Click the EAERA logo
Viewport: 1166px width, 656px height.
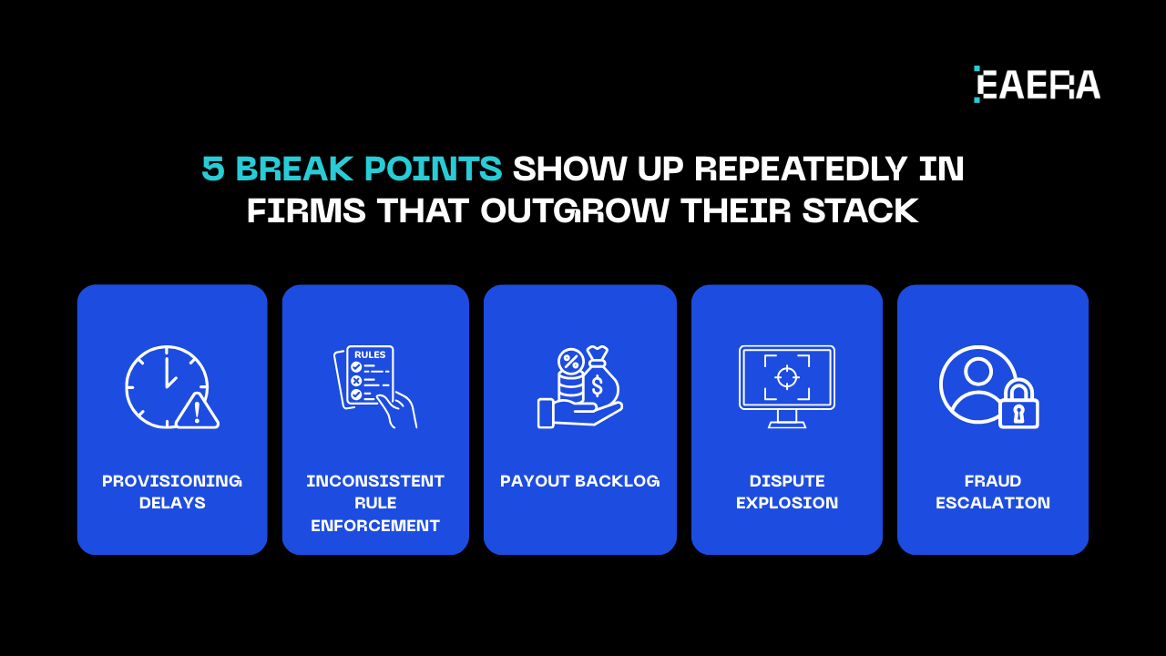[1037, 85]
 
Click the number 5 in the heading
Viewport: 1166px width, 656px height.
[213, 169]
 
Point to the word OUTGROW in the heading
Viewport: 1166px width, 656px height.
[574, 210]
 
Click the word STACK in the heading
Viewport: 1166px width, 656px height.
[861, 210]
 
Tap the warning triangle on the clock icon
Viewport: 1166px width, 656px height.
[197, 411]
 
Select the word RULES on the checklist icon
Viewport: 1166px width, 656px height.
[370, 354]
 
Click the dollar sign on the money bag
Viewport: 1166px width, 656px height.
[597, 385]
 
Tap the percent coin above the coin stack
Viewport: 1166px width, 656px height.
[571, 361]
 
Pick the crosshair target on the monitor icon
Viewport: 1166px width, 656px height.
[787, 376]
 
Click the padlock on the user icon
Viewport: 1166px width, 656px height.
[1018, 404]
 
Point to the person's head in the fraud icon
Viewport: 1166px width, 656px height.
[978, 372]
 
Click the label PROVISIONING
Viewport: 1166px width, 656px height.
[172, 481]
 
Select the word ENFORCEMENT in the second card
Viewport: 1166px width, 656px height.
[375, 526]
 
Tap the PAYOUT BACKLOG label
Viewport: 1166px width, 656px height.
[580, 481]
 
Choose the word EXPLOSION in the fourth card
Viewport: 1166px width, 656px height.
[787, 503]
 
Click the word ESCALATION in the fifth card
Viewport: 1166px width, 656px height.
[993, 503]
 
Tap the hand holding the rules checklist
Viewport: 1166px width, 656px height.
[397, 410]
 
